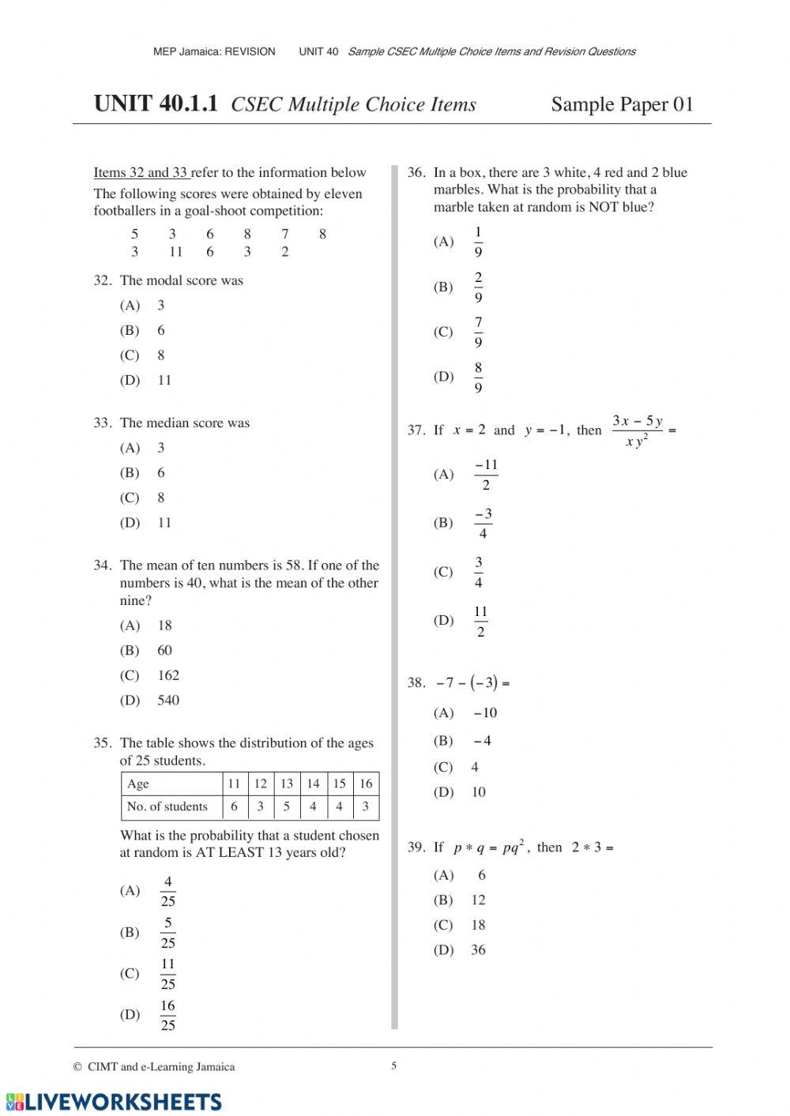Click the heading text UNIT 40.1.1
click(156, 104)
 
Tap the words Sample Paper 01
click(622, 104)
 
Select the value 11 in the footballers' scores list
click(175, 252)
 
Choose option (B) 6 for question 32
click(160, 331)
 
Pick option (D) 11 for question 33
click(164, 523)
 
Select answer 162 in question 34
click(168, 675)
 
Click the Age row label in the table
click(138, 783)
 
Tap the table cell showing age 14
click(313, 783)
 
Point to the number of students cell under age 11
click(234, 806)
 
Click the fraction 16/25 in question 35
click(167, 1016)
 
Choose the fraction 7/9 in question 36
click(478, 333)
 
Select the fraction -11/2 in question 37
click(486, 475)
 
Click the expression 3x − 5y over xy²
click(637, 431)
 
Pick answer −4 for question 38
click(482, 741)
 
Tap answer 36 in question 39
click(478, 950)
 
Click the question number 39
click(416, 847)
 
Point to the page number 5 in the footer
click(394, 1065)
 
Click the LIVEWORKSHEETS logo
click(114, 1102)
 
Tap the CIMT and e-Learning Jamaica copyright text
click(156, 1067)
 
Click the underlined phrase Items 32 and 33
click(141, 173)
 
